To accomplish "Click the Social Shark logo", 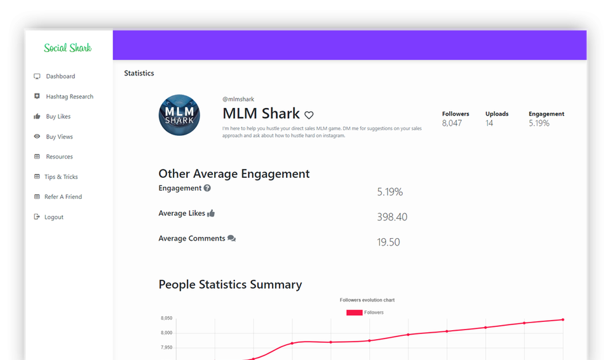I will click(67, 48).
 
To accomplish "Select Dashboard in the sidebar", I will click(60, 76).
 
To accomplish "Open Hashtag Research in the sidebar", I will click(69, 97).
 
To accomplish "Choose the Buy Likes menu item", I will click(58, 117).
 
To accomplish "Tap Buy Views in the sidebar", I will click(59, 137).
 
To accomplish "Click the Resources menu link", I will click(59, 157).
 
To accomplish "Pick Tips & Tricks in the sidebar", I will click(61, 177).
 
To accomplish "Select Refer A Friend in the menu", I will click(63, 197).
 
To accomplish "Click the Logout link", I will click(53, 217).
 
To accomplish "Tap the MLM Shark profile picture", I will click(179, 115).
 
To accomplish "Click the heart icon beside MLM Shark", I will click(309, 116).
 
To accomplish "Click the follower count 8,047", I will click(452, 123).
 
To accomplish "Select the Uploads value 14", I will click(489, 123).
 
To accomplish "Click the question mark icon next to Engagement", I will click(207, 188).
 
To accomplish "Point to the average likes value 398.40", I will click(392, 217).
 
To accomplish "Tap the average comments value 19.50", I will click(388, 242).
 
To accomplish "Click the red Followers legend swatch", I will click(354, 312).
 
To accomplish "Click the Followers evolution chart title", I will click(367, 300).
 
